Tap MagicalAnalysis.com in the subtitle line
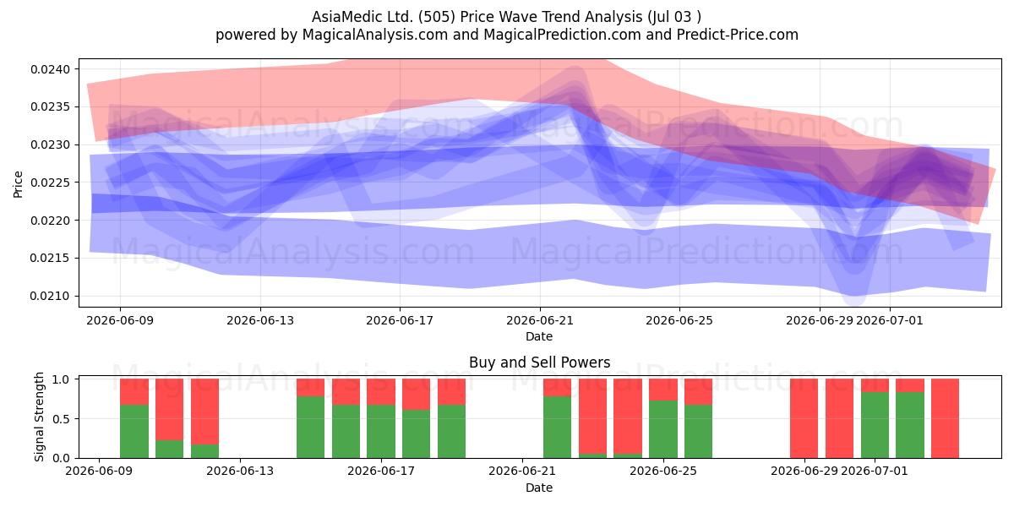(x=375, y=35)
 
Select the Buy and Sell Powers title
(x=540, y=363)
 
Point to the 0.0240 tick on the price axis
(x=50, y=69)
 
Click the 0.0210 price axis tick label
(x=50, y=296)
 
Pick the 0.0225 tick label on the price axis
(x=50, y=183)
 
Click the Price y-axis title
(x=18, y=184)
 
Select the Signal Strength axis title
(x=39, y=417)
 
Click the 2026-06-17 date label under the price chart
(x=400, y=320)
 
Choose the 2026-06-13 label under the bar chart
(x=240, y=472)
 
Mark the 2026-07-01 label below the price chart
(x=890, y=320)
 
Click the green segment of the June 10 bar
(x=134, y=432)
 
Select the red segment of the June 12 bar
(x=204, y=412)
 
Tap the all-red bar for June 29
(x=804, y=418)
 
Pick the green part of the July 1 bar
(x=875, y=425)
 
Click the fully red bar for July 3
(x=946, y=418)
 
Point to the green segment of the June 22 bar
(x=557, y=428)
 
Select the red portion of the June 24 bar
(x=628, y=416)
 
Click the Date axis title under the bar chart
(x=539, y=488)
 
